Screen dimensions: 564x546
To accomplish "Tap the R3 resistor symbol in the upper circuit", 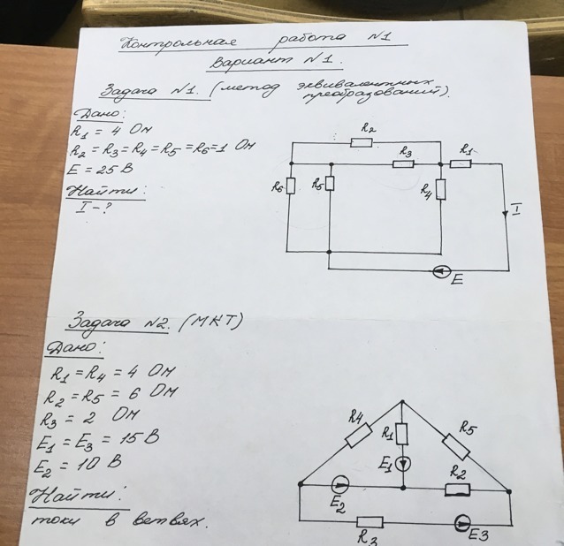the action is [403, 163].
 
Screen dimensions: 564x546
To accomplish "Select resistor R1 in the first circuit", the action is [461, 163].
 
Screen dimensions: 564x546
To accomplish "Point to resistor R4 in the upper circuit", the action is [439, 189].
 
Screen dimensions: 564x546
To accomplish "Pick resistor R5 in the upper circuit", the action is [329, 182].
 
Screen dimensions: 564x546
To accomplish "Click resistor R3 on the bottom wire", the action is [370, 521].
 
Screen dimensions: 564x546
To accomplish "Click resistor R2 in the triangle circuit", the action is [457, 487].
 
